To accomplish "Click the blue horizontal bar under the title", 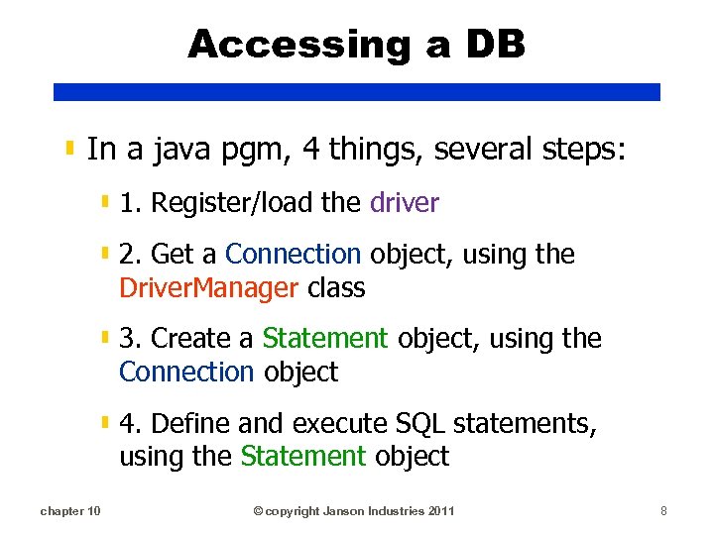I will (356, 91).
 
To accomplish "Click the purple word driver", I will (404, 203).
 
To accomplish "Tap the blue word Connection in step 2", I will (294, 255).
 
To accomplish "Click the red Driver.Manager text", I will (208, 288).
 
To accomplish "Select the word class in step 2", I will (336, 288).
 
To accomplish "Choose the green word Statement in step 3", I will (325, 339).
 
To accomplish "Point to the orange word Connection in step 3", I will (186, 373).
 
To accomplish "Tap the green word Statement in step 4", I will (303, 457).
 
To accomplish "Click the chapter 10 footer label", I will (69, 511).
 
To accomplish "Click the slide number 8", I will (663, 511).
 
